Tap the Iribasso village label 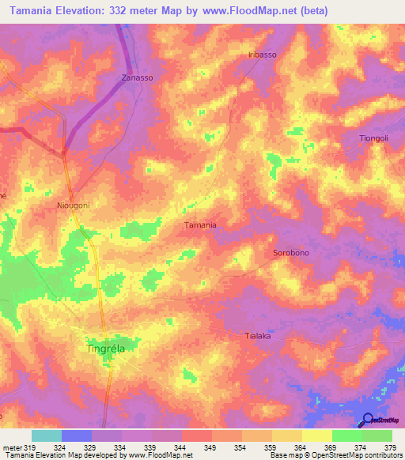point(262,55)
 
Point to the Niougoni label point(74,205)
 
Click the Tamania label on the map point(200,224)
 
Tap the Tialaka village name point(255,336)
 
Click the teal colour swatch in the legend point(47,435)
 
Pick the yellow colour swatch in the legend point(316,435)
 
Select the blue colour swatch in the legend point(77,435)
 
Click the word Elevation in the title point(89,10)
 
